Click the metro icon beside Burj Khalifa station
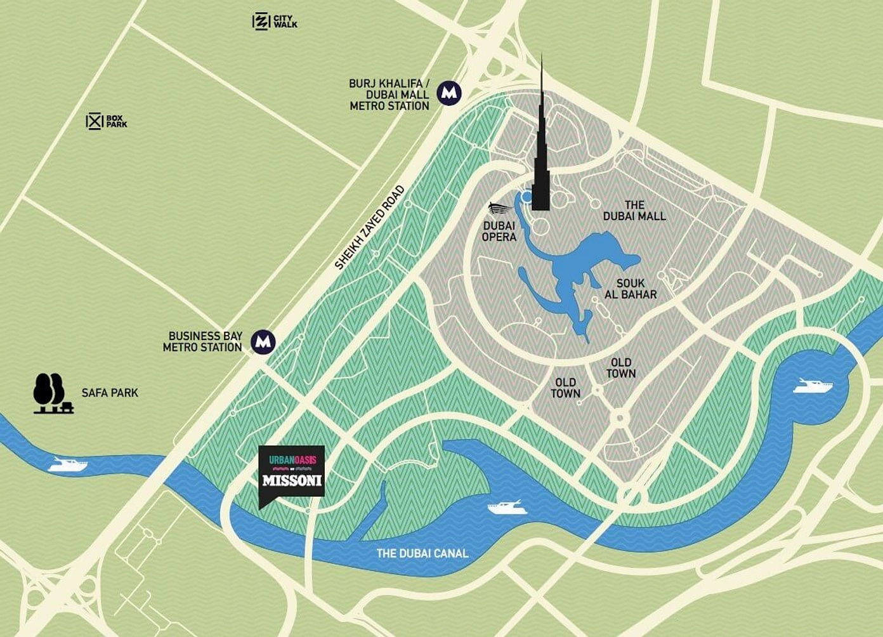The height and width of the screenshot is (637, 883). pyautogui.click(x=449, y=93)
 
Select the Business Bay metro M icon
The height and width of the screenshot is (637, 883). pyautogui.click(x=263, y=342)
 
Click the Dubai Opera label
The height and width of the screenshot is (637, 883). pyautogui.click(x=499, y=232)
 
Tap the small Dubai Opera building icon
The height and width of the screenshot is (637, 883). pyautogui.click(x=500, y=209)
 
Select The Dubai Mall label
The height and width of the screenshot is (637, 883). pyautogui.click(x=634, y=211)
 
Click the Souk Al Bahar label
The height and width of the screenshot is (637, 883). pyautogui.click(x=630, y=289)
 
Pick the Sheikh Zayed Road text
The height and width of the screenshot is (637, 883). pyautogui.click(x=369, y=227)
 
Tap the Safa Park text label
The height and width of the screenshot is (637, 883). pyautogui.click(x=110, y=393)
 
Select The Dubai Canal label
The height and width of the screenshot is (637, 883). pyautogui.click(x=422, y=553)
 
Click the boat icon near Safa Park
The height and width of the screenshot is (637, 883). pyautogui.click(x=68, y=465)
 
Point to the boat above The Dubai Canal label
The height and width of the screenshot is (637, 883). pyautogui.click(x=506, y=508)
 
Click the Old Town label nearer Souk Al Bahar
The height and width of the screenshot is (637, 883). pyautogui.click(x=620, y=368)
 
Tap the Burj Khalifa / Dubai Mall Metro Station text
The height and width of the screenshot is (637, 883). pyautogui.click(x=389, y=95)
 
